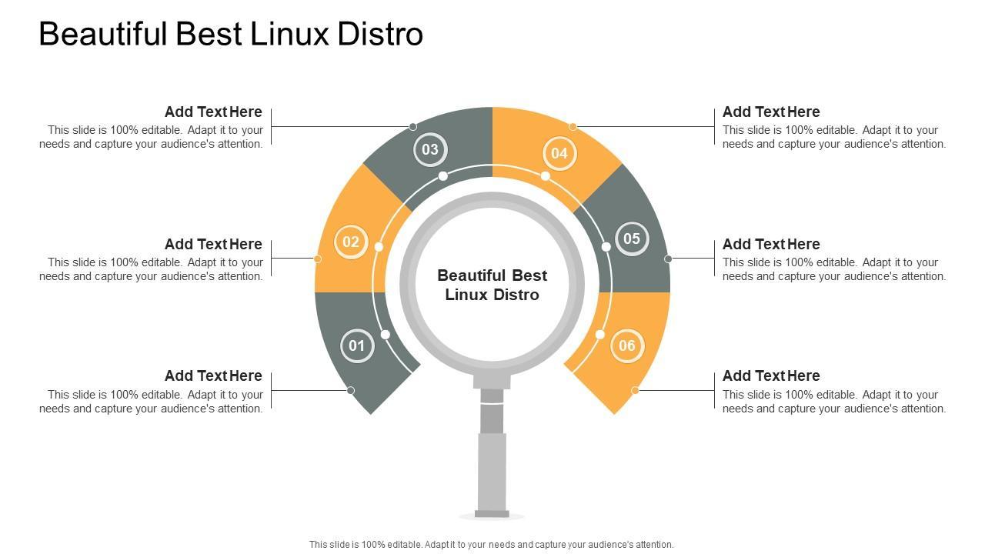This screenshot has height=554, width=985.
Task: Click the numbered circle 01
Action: [356, 345]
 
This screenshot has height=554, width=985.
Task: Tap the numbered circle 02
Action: [351, 242]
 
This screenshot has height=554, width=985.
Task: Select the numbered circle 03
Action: [429, 149]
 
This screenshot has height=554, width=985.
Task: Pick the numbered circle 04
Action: [559, 153]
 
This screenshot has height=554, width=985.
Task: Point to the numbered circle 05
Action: [632, 239]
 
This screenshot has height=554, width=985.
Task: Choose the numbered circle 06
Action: [627, 345]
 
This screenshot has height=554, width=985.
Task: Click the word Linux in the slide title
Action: [294, 35]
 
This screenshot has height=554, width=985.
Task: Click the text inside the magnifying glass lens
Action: [492, 285]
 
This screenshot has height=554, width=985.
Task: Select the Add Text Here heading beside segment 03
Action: [213, 112]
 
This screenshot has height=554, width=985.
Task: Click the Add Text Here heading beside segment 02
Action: [213, 244]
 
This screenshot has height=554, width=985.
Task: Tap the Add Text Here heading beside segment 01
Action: [213, 375]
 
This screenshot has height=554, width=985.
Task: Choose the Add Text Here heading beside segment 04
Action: [771, 112]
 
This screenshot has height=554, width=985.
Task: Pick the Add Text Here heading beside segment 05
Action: [771, 244]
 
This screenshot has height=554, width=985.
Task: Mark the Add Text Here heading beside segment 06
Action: [771, 375]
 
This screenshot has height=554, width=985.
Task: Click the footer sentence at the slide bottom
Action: [492, 544]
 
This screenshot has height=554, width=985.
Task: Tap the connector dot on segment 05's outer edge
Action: [668, 259]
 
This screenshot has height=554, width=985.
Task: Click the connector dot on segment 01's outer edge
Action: [351, 390]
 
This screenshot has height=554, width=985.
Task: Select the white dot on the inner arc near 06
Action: [600, 334]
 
